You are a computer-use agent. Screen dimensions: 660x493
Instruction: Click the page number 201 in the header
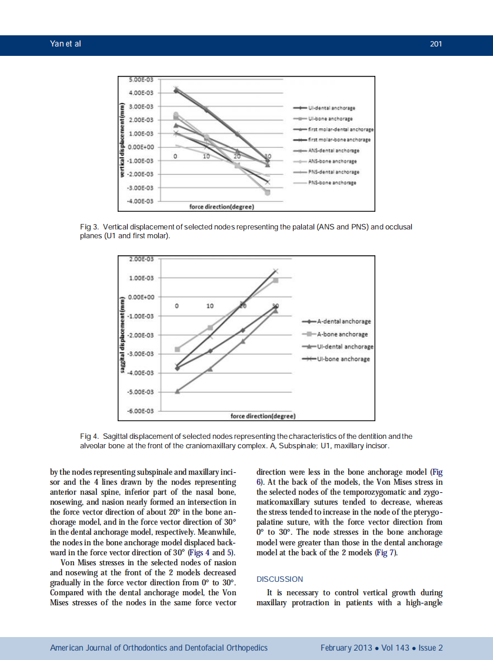(436, 44)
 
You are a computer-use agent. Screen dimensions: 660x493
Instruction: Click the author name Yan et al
(65, 44)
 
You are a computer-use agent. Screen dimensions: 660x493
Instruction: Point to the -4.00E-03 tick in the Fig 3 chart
(141, 201)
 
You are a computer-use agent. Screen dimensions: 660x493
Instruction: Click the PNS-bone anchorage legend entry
(332, 182)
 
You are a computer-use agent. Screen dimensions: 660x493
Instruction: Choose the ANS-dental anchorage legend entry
(332, 151)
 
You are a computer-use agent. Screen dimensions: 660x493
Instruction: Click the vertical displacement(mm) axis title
(122, 141)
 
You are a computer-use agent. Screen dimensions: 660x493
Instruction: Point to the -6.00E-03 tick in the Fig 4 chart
(141, 410)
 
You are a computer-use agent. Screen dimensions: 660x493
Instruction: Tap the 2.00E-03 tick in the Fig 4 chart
(141, 259)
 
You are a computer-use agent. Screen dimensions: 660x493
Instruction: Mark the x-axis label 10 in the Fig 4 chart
(210, 306)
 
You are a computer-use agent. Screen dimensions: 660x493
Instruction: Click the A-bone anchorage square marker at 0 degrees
(177, 349)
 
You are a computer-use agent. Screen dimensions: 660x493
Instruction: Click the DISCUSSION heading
(280, 579)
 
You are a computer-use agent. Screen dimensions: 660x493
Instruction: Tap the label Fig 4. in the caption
(89, 436)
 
